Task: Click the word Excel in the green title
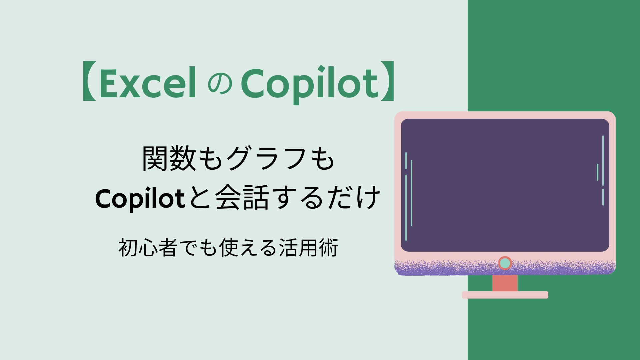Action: click(148, 83)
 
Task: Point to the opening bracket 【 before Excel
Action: click(89, 81)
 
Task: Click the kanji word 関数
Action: click(169, 159)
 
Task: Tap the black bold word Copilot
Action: click(140, 199)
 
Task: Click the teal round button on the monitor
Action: click(505, 263)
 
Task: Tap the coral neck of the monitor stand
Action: click(505, 283)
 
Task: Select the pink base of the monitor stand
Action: click(505, 295)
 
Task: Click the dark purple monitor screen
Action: click(505, 185)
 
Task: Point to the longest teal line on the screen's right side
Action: click(603, 160)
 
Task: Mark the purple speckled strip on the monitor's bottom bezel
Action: click(505, 268)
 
